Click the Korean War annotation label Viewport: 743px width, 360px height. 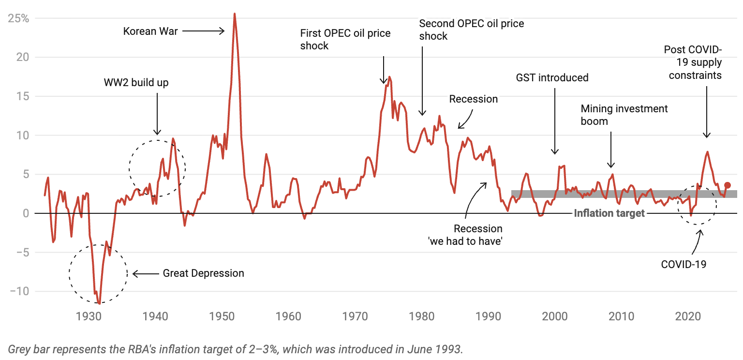click(x=150, y=31)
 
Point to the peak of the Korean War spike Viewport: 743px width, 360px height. click(x=235, y=14)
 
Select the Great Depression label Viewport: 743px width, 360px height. click(x=203, y=273)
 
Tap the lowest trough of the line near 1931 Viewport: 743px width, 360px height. click(x=99, y=303)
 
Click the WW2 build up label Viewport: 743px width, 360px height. click(x=136, y=82)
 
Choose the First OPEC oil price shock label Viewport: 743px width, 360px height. click(x=345, y=40)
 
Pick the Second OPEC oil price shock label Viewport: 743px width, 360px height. click(x=471, y=30)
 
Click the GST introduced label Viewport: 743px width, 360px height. click(x=552, y=77)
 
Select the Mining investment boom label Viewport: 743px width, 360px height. click(x=624, y=115)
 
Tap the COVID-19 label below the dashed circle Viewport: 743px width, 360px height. click(x=684, y=264)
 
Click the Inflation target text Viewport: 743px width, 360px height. click(x=609, y=213)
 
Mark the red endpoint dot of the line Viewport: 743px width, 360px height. click(x=727, y=185)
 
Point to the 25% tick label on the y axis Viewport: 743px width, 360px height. click(x=18, y=18)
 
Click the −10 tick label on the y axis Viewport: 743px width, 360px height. click(x=18, y=291)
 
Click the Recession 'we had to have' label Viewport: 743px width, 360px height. click(x=465, y=235)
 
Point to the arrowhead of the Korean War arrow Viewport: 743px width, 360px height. click(x=223, y=31)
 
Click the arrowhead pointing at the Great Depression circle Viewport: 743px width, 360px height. click(x=134, y=274)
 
